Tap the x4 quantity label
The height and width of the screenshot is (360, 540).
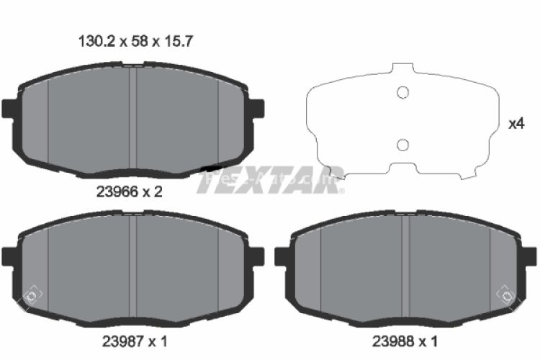(516, 124)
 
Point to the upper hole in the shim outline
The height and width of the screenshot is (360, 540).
(403, 92)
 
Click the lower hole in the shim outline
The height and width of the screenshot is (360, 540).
(403, 145)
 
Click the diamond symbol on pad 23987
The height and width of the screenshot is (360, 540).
(31, 295)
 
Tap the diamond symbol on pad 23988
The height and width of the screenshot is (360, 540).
(506, 295)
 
